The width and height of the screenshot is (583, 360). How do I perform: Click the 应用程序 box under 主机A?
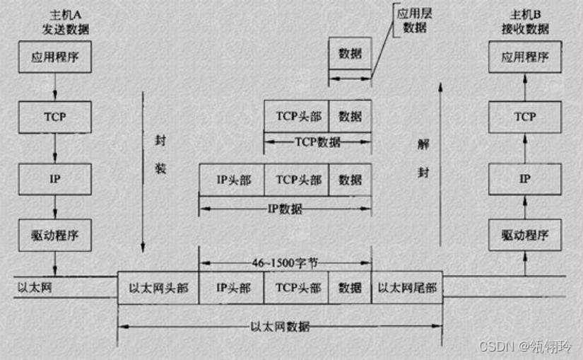54,58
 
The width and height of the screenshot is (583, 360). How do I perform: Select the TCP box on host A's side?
54,117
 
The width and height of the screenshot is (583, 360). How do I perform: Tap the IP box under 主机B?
524,179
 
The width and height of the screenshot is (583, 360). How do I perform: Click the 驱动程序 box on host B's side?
524,235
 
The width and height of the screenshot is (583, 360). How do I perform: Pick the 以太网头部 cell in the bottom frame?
158,288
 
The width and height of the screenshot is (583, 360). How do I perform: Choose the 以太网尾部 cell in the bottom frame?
407,288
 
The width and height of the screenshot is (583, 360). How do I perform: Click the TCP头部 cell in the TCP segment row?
296,116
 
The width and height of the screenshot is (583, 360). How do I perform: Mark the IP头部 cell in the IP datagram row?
232,180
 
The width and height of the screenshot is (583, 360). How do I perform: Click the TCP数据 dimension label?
317,142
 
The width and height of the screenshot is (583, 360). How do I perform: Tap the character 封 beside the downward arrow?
160,141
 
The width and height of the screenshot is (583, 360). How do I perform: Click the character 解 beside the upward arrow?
423,144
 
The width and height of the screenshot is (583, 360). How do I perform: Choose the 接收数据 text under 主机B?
525,30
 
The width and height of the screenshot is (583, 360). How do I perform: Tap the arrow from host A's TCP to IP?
55,149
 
